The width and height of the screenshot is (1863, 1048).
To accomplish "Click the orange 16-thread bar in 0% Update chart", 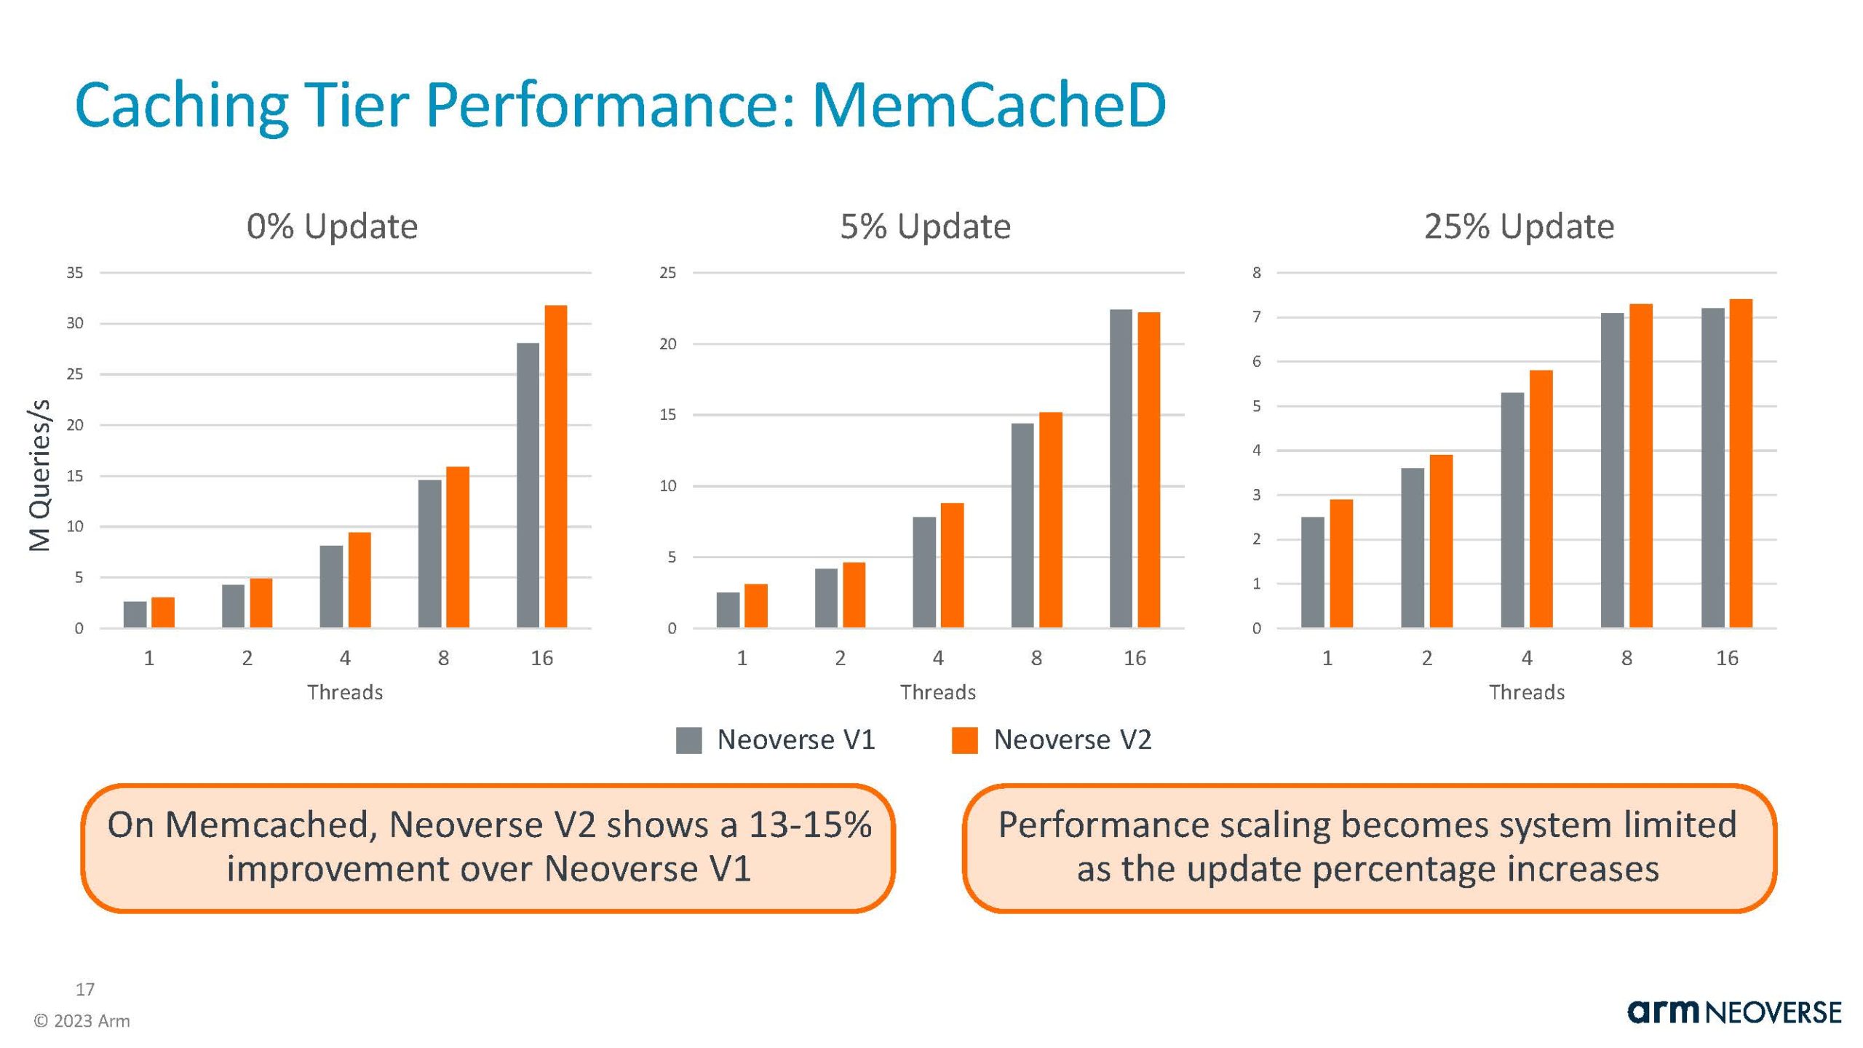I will (555, 466).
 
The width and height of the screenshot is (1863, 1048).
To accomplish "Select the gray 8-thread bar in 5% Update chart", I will (1022, 525).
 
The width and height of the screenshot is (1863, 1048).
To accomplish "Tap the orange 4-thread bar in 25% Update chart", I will (1541, 499).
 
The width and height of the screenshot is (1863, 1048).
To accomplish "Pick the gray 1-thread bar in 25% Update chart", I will (1312, 572).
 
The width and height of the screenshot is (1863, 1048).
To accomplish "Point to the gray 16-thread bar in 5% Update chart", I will (1121, 468).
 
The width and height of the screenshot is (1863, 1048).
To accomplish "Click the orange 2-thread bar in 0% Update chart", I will (261, 603).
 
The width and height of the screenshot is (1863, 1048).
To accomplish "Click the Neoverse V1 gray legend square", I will (688, 740).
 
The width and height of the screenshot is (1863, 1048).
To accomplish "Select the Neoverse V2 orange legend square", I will (964, 740).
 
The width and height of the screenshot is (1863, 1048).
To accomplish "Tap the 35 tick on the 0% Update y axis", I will (75, 273).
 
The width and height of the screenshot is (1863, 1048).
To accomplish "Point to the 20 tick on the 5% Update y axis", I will (667, 344).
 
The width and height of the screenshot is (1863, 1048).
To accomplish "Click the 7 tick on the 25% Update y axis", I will (1256, 317).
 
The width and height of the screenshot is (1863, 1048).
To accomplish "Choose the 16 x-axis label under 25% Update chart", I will (1726, 659).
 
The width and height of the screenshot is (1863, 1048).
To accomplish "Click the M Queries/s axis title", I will (39, 475).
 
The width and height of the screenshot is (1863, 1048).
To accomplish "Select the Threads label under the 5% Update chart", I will (937, 692).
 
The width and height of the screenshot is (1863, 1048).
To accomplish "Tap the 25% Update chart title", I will (1519, 226).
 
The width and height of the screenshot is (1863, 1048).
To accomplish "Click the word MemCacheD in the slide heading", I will (988, 106).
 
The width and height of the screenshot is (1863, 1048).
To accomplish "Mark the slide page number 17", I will (84, 989).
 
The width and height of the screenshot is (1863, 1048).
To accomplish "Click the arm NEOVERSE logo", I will (1733, 1012).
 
